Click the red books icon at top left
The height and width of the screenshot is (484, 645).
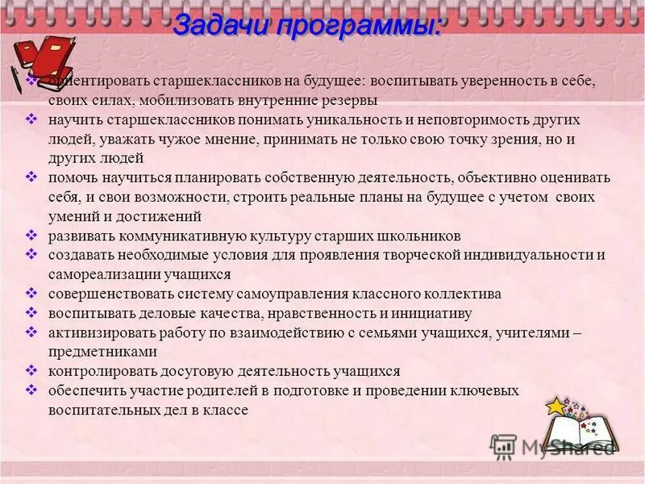(44, 55)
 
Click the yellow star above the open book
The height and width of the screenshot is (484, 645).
(556, 406)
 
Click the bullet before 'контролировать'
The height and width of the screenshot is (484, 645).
(31, 370)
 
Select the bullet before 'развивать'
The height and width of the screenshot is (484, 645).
(31, 235)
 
